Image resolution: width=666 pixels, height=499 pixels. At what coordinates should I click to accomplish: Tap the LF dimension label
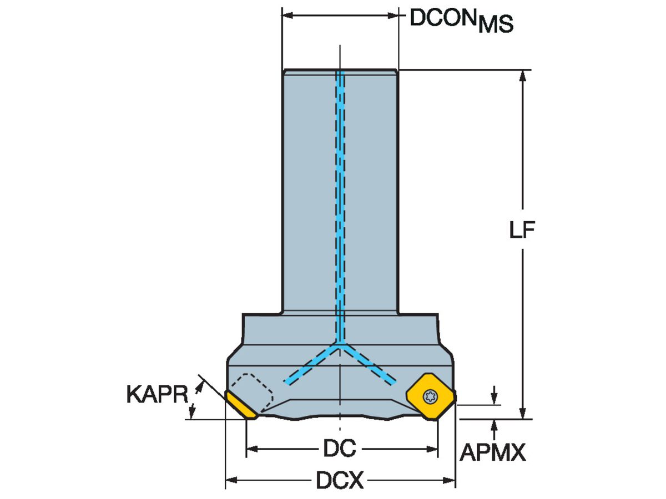(522, 231)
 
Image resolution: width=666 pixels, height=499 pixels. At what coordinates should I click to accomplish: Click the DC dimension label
(340, 449)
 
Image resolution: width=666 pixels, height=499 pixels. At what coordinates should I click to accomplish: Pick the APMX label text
(493, 454)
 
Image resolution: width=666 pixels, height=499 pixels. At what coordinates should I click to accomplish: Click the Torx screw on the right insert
(430, 396)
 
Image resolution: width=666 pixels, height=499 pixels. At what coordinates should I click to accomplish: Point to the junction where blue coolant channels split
(340, 345)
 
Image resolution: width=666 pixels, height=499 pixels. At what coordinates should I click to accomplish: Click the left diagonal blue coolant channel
(311, 364)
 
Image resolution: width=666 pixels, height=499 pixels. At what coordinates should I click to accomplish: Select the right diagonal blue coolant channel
(369, 364)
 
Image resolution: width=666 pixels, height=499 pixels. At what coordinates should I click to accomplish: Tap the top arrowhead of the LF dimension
(522, 75)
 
